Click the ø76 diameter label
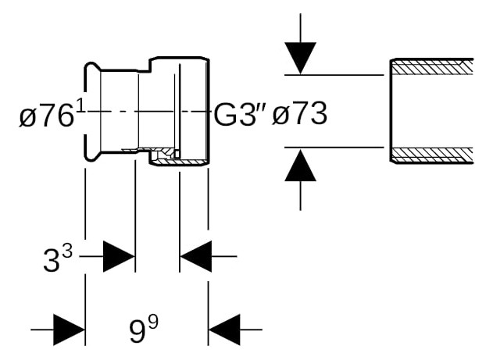pyautogui.click(x=46, y=116)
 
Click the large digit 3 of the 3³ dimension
pyautogui.click(x=52, y=260)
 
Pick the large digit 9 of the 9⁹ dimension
pyautogui.click(x=137, y=331)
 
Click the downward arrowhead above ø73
pyautogui.click(x=300, y=59)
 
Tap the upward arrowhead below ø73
pyautogui.click(x=300, y=166)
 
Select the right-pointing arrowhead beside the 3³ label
pyautogui.click(x=119, y=256)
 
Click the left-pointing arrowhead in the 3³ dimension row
pyautogui.click(x=195, y=256)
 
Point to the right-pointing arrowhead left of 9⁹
pyautogui.click(x=70, y=330)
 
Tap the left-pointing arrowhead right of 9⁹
pyautogui.click(x=224, y=330)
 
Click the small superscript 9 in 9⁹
pyautogui.click(x=153, y=323)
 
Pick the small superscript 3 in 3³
pyautogui.click(x=67, y=252)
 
